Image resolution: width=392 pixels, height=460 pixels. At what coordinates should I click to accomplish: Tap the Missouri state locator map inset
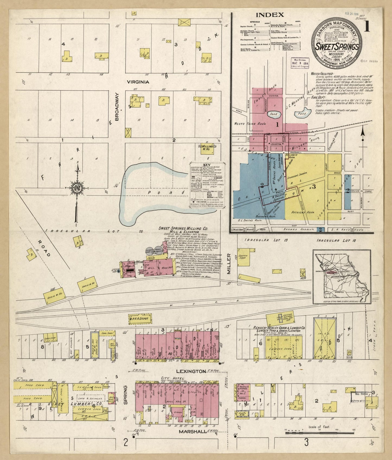click(342, 277)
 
